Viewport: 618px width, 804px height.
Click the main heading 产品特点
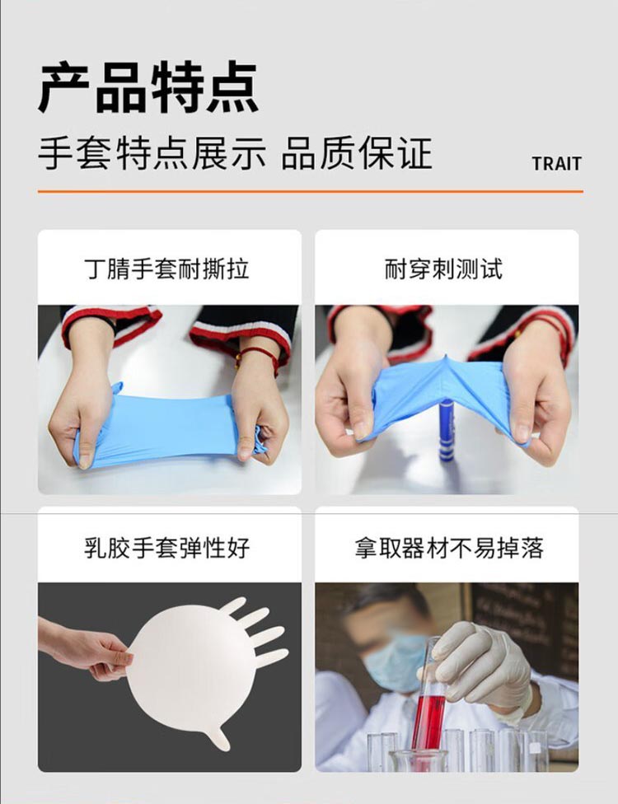tap(148, 86)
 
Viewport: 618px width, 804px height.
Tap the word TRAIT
tap(556, 163)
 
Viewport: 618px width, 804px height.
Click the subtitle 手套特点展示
tap(152, 154)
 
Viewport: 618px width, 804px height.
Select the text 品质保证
tap(357, 154)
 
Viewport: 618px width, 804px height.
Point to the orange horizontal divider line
tap(310, 191)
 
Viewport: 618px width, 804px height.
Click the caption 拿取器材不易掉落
tap(449, 548)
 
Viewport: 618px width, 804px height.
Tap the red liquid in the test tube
tap(428, 721)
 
